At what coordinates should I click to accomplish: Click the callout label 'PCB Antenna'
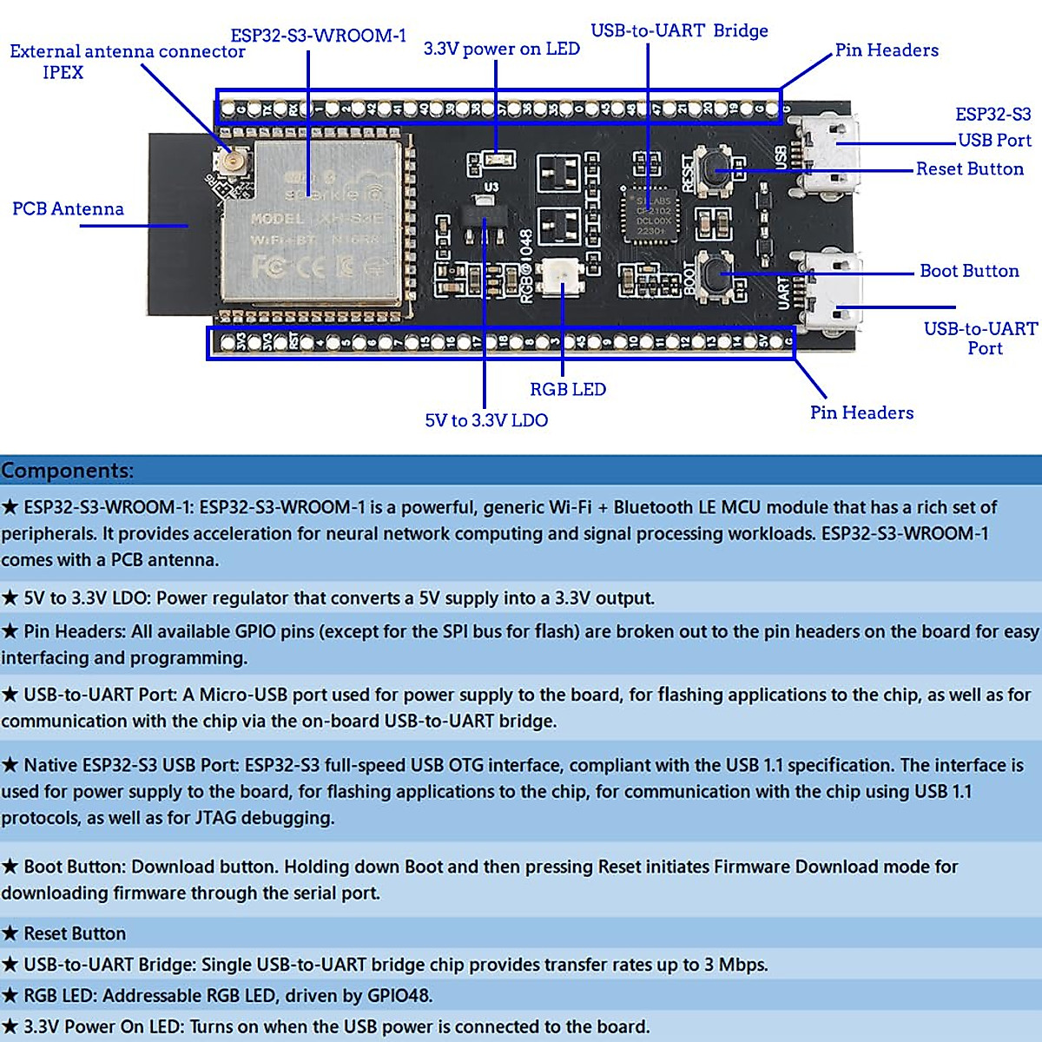pyautogui.click(x=68, y=209)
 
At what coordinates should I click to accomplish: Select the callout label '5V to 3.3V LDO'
pyautogui.click(x=486, y=420)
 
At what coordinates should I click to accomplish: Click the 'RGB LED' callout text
pyautogui.click(x=568, y=390)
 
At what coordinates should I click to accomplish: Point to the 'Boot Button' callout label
pyautogui.click(x=969, y=271)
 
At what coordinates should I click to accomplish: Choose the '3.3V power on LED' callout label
pyautogui.click(x=501, y=49)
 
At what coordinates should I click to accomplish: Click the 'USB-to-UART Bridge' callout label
pyautogui.click(x=679, y=30)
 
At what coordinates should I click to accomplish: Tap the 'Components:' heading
pyautogui.click(x=68, y=471)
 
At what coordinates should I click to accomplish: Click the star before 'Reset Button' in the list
pyautogui.click(x=10, y=933)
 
